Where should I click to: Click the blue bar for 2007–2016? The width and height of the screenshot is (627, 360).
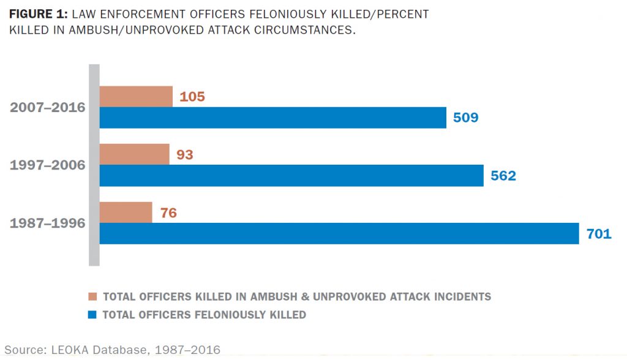click(272, 118)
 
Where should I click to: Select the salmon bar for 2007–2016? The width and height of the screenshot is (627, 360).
click(136, 96)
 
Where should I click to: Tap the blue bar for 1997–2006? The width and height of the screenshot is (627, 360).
click(291, 176)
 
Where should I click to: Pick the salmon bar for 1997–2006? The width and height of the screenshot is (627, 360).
click(134, 154)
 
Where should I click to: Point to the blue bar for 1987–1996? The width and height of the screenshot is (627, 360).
click(339, 233)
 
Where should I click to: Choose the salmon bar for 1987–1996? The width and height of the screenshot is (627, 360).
click(126, 212)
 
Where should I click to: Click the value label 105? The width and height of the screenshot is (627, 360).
click(192, 97)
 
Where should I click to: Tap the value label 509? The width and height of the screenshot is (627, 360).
click(465, 118)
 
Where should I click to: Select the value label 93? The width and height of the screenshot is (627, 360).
click(184, 155)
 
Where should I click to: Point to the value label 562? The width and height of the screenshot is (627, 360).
click(503, 176)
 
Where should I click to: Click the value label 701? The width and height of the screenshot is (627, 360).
click(598, 234)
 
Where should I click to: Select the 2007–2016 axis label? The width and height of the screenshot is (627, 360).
click(47, 108)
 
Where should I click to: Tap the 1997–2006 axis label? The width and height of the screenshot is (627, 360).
click(47, 165)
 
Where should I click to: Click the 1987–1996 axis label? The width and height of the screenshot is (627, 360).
click(47, 222)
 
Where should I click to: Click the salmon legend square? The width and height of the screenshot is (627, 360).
click(93, 297)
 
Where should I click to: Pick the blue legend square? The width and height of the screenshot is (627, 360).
click(93, 315)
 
